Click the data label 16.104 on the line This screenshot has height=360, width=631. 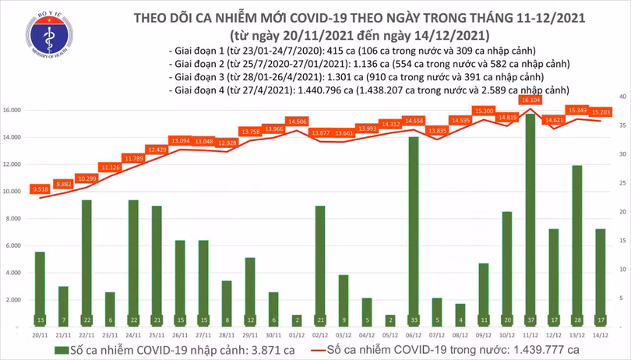click(x=531, y=101)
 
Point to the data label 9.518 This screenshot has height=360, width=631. click(x=40, y=189)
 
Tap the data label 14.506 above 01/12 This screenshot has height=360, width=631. click(x=297, y=122)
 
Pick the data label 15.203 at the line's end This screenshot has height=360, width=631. click(x=601, y=112)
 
